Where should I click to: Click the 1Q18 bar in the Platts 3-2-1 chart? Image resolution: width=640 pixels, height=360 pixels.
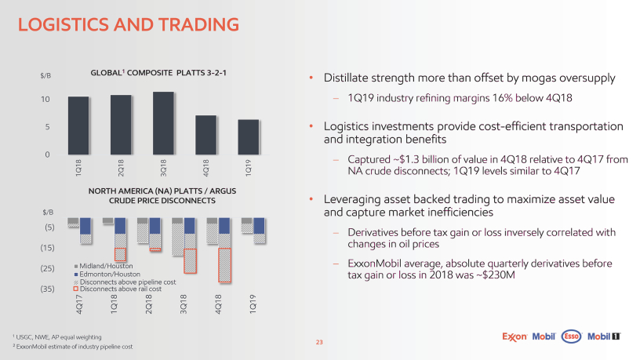pyautogui.click(x=78, y=125)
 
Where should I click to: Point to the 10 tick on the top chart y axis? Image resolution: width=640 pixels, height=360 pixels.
pyautogui.click(x=47, y=100)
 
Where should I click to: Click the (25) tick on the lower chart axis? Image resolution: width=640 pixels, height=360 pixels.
pyautogui.click(x=45, y=268)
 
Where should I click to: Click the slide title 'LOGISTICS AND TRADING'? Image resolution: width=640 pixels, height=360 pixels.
pyautogui.click(x=129, y=26)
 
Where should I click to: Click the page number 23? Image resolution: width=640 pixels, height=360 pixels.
pyautogui.click(x=319, y=342)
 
